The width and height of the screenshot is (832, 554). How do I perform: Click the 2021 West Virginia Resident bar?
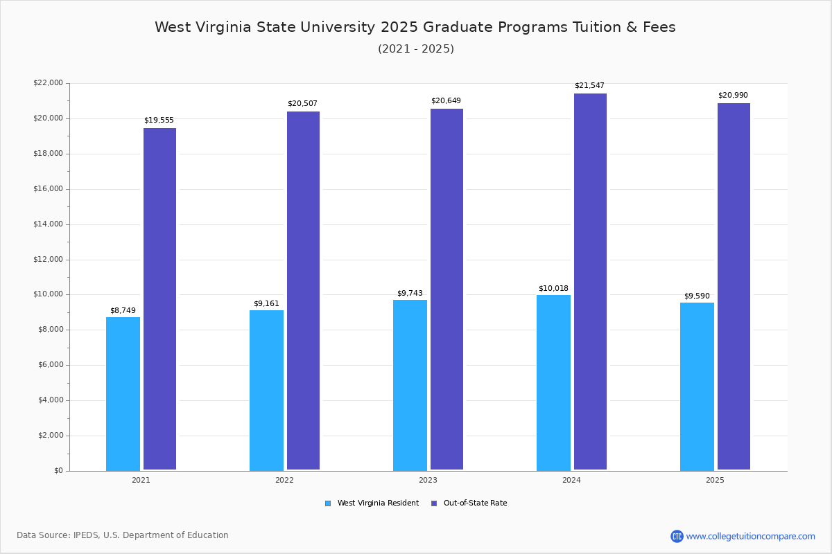[x=123, y=393]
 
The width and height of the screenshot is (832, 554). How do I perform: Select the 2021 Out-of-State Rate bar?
[x=159, y=299]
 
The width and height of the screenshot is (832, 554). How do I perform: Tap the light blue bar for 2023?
[x=410, y=385]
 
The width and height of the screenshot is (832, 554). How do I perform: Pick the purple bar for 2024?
[x=590, y=282]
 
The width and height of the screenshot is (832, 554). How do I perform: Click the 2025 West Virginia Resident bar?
[x=697, y=386]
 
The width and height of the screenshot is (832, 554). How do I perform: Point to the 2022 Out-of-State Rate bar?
[x=303, y=291]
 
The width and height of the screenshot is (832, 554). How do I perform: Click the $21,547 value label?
[x=589, y=86]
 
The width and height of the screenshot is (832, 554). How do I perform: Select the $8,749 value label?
[x=123, y=311]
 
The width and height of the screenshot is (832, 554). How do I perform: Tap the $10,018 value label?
[x=553, y=289]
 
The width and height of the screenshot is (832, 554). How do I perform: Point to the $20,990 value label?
[x=733, y=96]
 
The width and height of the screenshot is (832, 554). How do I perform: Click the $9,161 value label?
[x=266, y=304]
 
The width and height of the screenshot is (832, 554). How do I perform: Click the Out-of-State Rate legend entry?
[x=475, y=503]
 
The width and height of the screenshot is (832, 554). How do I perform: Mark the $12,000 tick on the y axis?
[x=48, y=260]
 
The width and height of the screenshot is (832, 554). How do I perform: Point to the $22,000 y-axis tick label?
[x=48, y=83]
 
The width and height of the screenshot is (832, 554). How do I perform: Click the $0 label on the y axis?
[x=58, y=471]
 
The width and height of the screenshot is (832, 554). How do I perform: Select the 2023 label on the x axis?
[x=428, y=480]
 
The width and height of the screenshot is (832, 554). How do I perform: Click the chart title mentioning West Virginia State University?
[x=415, y=27]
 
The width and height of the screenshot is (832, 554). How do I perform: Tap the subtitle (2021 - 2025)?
[x=415, y=49]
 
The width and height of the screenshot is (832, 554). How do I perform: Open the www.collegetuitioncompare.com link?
[x=750, y=536]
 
